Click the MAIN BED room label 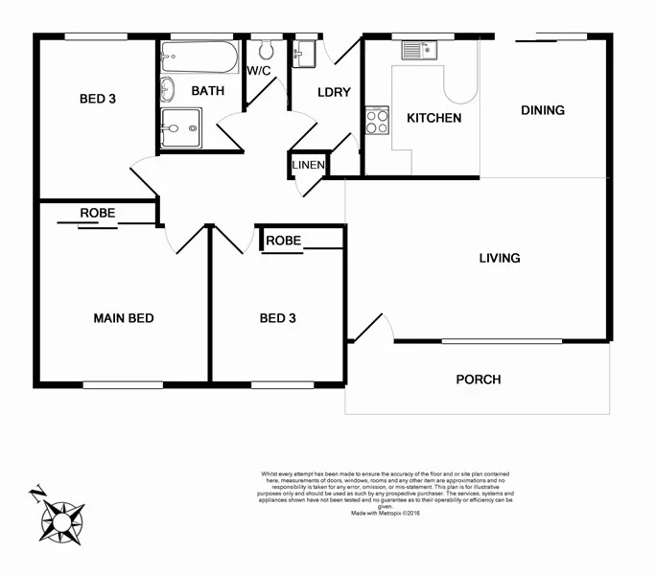(123, 318)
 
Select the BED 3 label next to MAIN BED (278, 318)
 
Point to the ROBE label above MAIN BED (98, 213)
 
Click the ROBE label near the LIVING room (284, 241)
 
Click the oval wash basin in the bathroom (169, 90)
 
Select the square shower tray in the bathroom (181, 126)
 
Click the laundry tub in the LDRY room (304, 53)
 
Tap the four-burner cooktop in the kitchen (377, 121)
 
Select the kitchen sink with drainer (420, 51)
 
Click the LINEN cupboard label (309, 166)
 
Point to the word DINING (543, 110)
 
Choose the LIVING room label (500, 258)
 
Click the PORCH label (478, 379)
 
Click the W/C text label (258, 71)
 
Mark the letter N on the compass (35, 494)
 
